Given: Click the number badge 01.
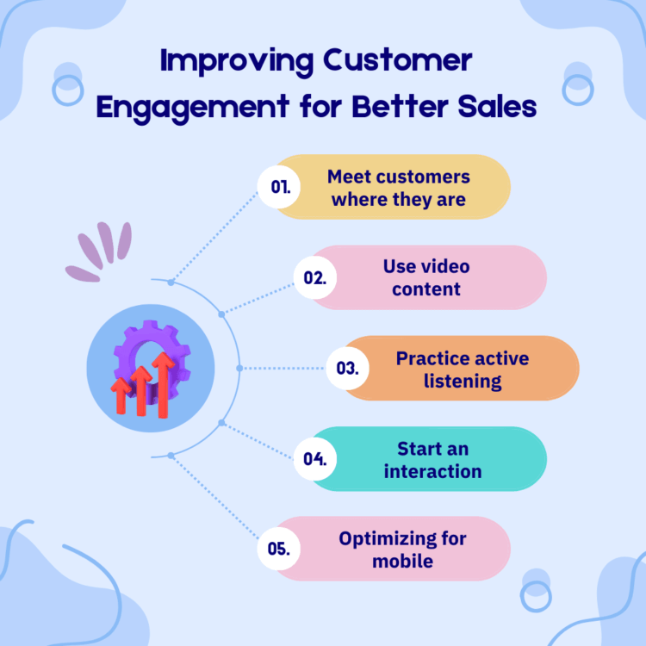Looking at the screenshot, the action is pyautogui.click(x=279, y=187).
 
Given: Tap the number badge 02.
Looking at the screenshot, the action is pyautogui.click(x=315, y=277).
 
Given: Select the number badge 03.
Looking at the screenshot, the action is pyautogui.click(x=347, y=368).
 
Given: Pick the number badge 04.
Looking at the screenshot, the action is pyautogui.click(x=315, y=458).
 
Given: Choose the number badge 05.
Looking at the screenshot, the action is pyautogui.click(x=279, y=549).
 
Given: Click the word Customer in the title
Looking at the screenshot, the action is pyautogui.click(x=398, y=60).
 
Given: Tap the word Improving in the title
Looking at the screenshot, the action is pyautogui.click(x=237, y=62).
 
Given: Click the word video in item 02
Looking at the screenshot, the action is pyautogui.click(x=446, y=266).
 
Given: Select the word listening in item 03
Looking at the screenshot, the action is pyautogui.click(x=463, y=381).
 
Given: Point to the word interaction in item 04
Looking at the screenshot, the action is pyautogui.click(x=432, y=471).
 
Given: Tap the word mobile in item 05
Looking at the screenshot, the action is pyautogui.click(x=402, y=561).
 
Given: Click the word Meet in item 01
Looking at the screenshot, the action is pyautogui.click(x=349, y=177).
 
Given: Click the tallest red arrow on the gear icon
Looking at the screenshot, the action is pyautogui.click(x=164, y=385).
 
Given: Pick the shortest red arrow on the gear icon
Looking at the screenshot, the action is pyautogui.click(x=121, y=395).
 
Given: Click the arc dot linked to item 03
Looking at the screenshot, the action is pyautogui.click(x=239, y=368).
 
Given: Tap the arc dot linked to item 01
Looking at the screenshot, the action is pyautogui.click(x=171, y=283).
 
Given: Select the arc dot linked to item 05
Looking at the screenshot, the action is pyautogui.click(x=171, y=456).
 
